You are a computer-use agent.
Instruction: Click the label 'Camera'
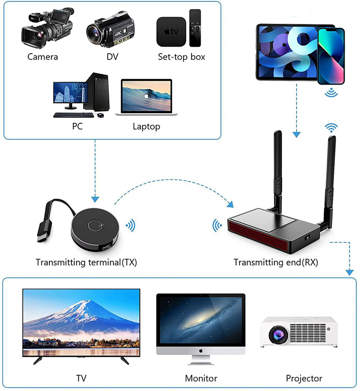coord(43,57)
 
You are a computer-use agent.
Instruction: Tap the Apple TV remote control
coord(195,28)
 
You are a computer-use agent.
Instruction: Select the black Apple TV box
coord(171,31)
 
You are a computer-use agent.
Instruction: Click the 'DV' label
coord(112,57)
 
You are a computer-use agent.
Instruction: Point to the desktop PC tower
coord(97,92)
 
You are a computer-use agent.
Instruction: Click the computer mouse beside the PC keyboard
coord(100,115)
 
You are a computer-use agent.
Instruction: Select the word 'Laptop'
coord(146,127)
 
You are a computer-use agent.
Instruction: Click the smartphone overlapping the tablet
coord(331,56)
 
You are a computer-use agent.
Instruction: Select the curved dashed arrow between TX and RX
coord(173,180)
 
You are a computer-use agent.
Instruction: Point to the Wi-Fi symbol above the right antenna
coord(331,128)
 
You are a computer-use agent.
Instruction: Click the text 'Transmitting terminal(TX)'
coord(86,262)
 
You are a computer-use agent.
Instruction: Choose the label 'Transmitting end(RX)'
coord(276,262)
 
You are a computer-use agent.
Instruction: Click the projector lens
coord(278,335)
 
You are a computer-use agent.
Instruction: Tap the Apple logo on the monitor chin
coord(201,351)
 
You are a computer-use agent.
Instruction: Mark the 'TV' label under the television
coord(81,378)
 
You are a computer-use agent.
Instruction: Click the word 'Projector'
coord(304,378)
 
